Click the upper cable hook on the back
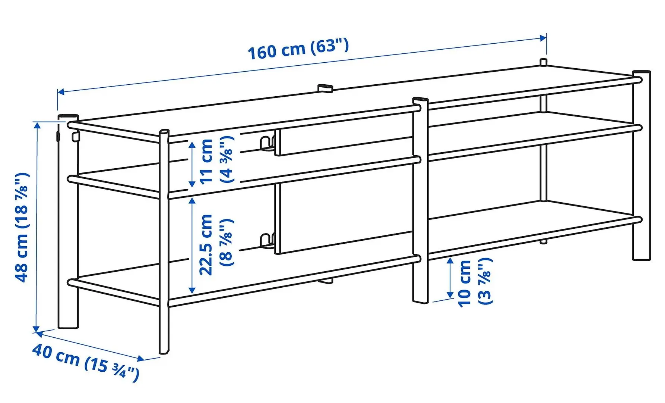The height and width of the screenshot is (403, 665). (x=267, y=144)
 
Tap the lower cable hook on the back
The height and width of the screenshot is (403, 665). (x=267, y=240)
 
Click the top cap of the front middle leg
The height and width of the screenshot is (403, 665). (x=421, y=100)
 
